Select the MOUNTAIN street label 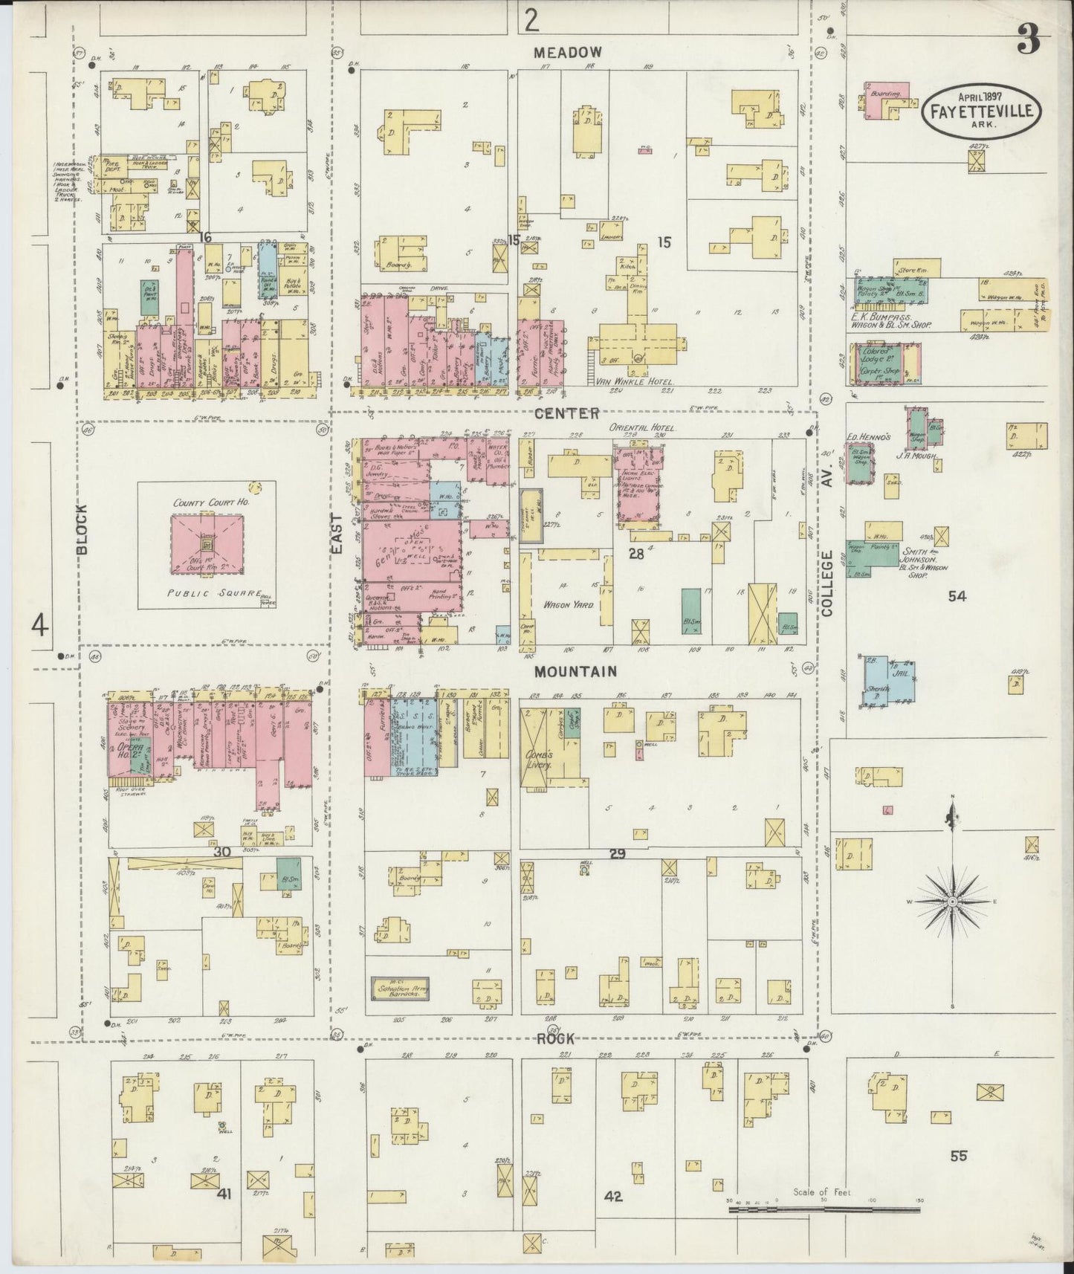576,671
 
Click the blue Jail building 890,680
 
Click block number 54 957,595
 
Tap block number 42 613,1197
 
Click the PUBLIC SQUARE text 216,593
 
